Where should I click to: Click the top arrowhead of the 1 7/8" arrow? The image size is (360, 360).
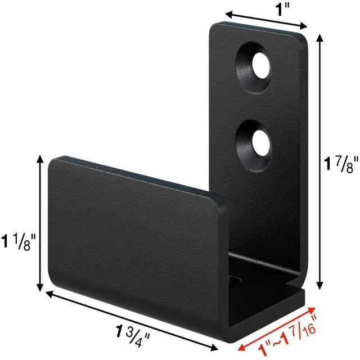pyautogui.click(x=320, y=37)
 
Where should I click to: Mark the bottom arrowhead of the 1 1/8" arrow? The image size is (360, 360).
pyautogui.click(x=39, y=286)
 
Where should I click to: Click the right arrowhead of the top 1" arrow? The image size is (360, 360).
pyautogui.click(x=305, y=25)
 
